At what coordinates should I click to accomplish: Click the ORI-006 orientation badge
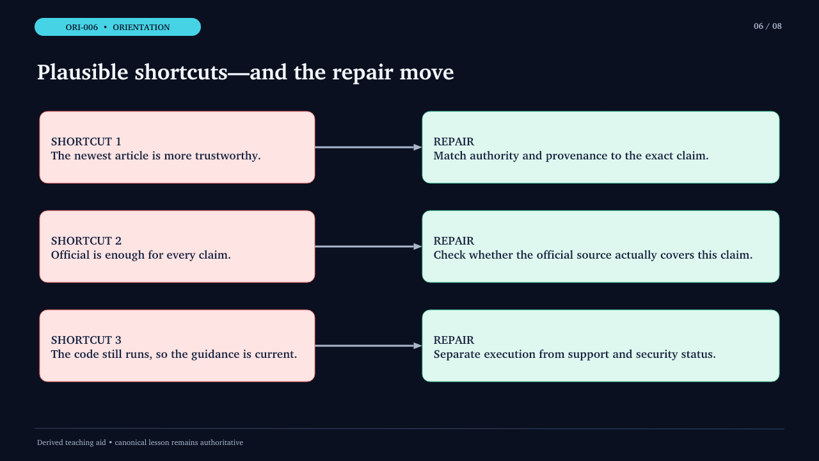[x=117, y=27]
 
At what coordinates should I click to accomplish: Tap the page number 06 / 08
[x=767, y=26]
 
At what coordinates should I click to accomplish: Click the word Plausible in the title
[x=83, y=72]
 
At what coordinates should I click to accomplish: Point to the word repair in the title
[x=362, y=73]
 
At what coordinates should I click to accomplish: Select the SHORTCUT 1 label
[x=86, y=142]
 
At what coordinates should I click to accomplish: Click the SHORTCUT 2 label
[x=86, y=241]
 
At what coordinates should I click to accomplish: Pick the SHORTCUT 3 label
[x=86, y=340]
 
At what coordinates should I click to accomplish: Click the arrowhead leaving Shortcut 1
[x=418, y=147]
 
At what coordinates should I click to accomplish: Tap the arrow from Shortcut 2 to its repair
[x=368, y=247]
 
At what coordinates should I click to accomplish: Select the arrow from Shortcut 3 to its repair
[x=368, y=346]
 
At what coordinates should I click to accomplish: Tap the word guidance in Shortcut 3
[x=216, y=355]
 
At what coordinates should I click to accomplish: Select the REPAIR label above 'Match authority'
[x=454, y=142]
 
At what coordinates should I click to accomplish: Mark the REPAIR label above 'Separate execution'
[x=454, y=340]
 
